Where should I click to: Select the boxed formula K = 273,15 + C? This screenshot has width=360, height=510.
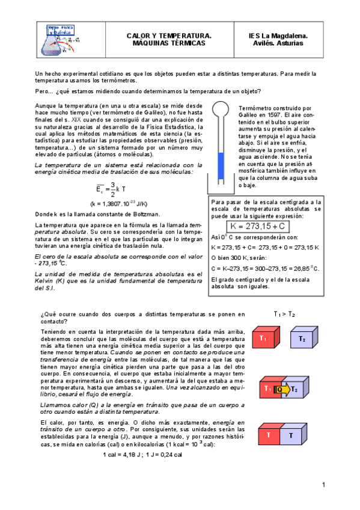click(257, 227)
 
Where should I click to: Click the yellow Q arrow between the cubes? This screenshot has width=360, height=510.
click(282, 389)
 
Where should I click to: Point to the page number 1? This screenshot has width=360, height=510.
click(323, 485)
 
